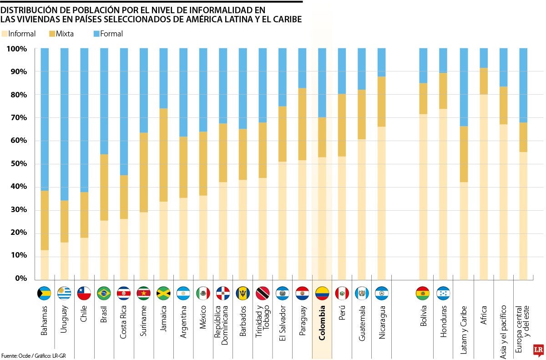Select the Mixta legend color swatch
(x=51, y=34)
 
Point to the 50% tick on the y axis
(x=18, y=164)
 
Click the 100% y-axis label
(x=17, y=49)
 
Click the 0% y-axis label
(x=20, y=279)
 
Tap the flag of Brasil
(x=104, y=294)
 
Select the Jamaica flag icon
(x=163, y=294)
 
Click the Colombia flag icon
(x=322, y=294)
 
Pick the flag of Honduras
(x=443, y=294)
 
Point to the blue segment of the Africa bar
(x=483, y=58)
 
